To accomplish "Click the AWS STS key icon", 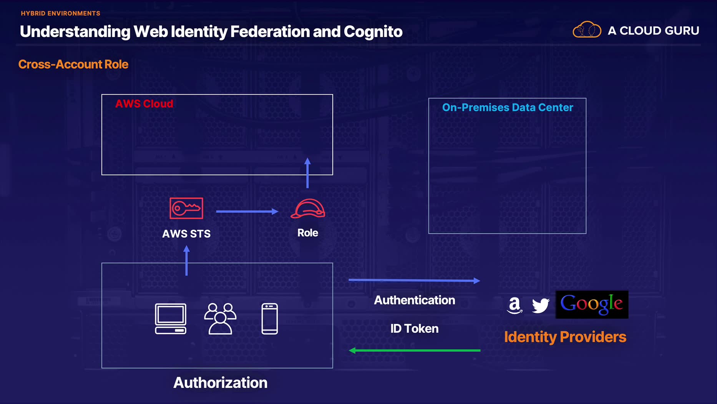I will pyautogui.click(x=186, y=208).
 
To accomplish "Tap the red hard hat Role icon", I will pyautogui.click(x=308, y=209).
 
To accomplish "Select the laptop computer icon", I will pyautogui.click(x=171, y=319).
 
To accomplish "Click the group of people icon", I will pyautogui.click(x=220, y=319).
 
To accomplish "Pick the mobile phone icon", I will pyautogui.click(x=270, y=319).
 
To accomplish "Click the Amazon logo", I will pyautogui.click(x=515, y=306).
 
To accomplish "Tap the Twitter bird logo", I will pyautogui.click(x=541, y=306).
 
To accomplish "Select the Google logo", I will pyautogui.click(x=592, y=304).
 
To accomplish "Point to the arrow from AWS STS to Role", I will pyautogui.click(x=247, y=211).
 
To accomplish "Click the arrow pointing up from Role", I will pyautogui.click(x=307, y=173).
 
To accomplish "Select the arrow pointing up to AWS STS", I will pyautogui.click(x=187, y=261).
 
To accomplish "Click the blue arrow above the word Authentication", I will pyautogui.click(x=414, y=280).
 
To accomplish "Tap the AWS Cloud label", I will pyautogui.click(x=144, y=104).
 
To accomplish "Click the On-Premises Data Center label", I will pyautogui.click(x=507, y=107).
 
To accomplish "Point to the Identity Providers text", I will pyautogui.click(x=565, y=337).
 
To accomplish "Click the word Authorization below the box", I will pyautogui.click(x=220, y=383).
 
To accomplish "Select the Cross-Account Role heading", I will pyautogui.click(x=73, y=64).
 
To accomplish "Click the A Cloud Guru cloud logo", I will pyautogui.click(x=587, y=30).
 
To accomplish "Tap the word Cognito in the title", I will pyautogui.click(x=373, y=32).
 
